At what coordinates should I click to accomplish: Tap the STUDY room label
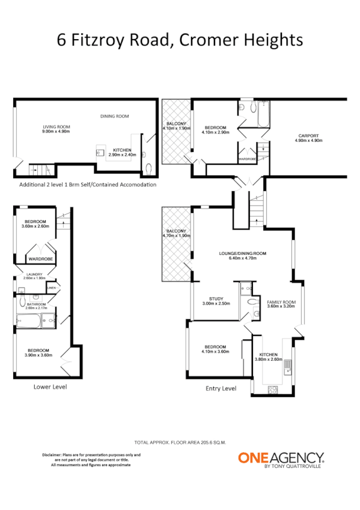point(216,298)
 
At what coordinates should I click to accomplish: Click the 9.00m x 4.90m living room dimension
point(56,131)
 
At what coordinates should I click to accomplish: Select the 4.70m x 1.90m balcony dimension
point(176,236)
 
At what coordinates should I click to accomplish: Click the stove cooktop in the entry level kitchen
point(272,389)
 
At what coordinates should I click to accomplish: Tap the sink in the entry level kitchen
point(287,364)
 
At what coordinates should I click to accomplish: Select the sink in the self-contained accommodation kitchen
point(100,153)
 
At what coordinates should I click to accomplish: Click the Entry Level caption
point(221,388)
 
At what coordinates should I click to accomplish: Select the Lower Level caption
point(50,387)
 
